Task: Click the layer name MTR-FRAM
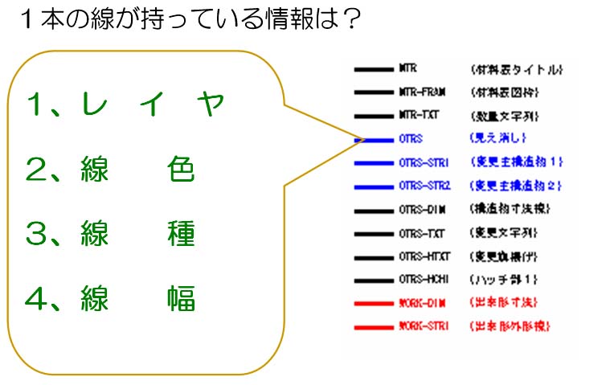[422, 92]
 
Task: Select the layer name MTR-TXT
[419, 116]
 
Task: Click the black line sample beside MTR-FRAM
[371, 92]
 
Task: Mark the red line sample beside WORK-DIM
[371, 303]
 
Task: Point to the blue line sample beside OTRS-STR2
[371, 186]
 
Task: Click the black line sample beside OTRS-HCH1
[371, 280]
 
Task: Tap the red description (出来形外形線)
[514, 326]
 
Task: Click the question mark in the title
[347, 19]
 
